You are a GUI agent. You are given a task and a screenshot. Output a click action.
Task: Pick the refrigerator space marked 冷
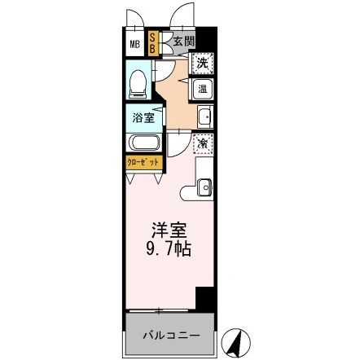pyautogui.click(x=202, y=143)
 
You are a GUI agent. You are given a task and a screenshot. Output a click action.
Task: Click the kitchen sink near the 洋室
pyautogui.click(x=204, y=187)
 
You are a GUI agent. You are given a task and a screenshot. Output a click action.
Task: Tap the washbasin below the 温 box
pyautogui.click(x=204, y=116)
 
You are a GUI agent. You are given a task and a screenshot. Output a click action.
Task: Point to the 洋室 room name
pyautogui.click(x=169, y=231)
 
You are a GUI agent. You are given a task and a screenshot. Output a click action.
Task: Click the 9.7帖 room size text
pyautogui.click(x=169, y=249)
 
